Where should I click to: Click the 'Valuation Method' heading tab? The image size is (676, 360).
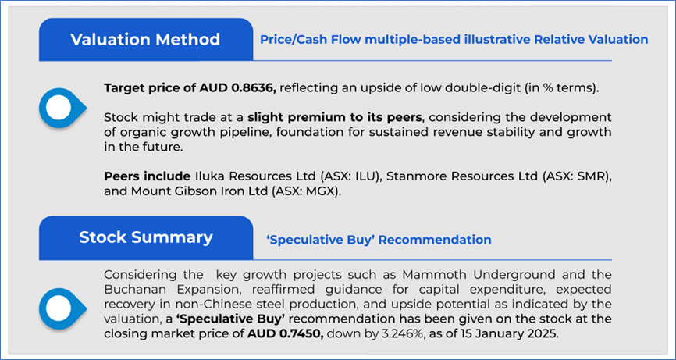click(x=146, y=40)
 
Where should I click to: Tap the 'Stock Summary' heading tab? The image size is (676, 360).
click(x=146, y=238)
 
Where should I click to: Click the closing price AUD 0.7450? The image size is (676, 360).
click(x=286, y=333)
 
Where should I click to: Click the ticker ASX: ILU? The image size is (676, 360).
click(x=353, y=176)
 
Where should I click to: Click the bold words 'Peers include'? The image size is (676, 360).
click(x=147, y=176)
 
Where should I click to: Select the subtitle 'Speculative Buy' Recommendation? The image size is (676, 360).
click(x=379, y=239)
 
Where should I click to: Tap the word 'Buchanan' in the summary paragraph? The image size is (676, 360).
click(x=131, y=290)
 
